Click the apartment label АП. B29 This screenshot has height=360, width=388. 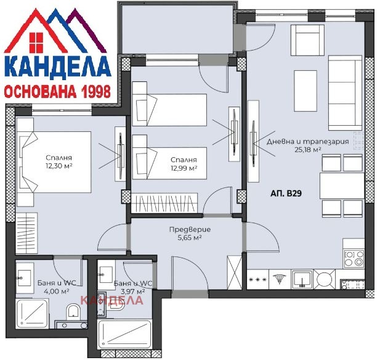pyautogui.click(x=286, y=193)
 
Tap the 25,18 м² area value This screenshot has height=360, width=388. pyautogui.click(x=308, y=150)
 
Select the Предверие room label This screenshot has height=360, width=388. pyautogui.click(x=190, y=229)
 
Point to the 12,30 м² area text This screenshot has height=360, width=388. pyautogui.click(x=59, y=166)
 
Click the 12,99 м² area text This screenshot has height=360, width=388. pyautogui.click(x=184, y=168)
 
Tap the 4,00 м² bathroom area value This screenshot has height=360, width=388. pyautogui.click(x=57, y=291)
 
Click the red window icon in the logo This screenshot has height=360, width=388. pyautogui.click(x=36, y=43)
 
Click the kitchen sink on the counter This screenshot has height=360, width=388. pyautogui.click(x=302, y=279)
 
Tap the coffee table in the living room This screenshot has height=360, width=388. pyautogui.click(x=305, y=91)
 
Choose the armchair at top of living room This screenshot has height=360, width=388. pyautogui.click(x=307, y=40)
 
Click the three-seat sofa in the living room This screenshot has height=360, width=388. pyautogui.click(x=345, y=93)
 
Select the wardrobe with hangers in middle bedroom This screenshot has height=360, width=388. pyautogui.click(x=164, y=203)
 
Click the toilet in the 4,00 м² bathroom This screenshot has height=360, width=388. pyautogui.click(x=73, y=311)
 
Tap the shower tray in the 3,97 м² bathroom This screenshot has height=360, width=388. pyautogui.click(x=124, y=334)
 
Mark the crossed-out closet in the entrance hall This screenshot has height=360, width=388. pyautogui.click(x=234, y=272)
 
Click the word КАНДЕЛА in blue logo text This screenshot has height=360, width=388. pyautogui.click(x=57, y=67)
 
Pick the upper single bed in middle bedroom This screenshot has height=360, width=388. pyautogui.click(x=169, y=110)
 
